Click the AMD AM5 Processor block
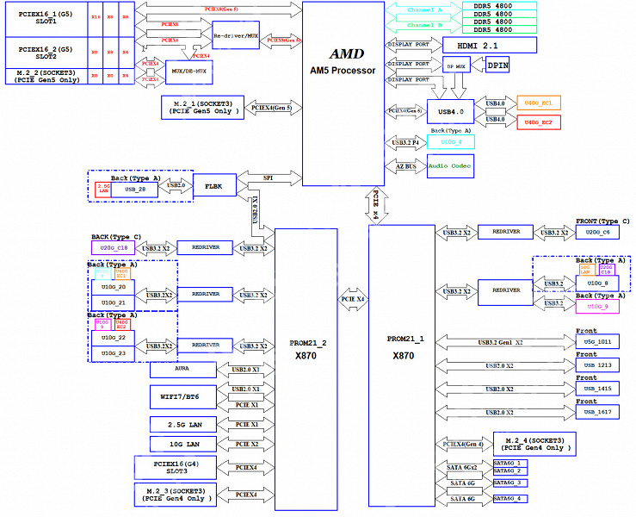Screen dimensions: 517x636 343,90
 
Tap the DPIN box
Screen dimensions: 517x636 497,65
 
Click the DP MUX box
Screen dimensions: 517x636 455,65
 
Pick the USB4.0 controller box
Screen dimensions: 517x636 450,111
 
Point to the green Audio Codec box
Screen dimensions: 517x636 450,165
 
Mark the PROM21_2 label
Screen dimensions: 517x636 307,342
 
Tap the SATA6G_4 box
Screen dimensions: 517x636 507,499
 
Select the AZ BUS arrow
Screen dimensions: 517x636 405,166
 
